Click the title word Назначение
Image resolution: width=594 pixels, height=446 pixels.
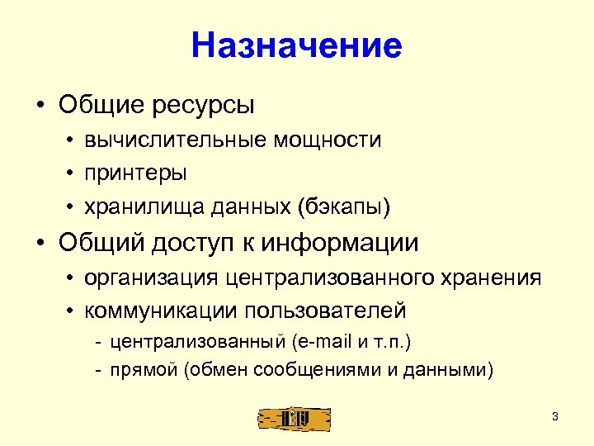pos(296,45)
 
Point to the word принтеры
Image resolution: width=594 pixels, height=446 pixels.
pos(135,173)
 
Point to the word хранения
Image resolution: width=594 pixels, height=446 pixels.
pos(493,278)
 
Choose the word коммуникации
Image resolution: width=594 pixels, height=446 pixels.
pos(158,311)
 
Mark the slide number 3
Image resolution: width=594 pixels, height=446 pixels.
pos(555,416)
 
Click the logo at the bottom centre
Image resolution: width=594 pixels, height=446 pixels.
pos(294,418)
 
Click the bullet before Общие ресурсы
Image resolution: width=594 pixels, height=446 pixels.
pos(39,107)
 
